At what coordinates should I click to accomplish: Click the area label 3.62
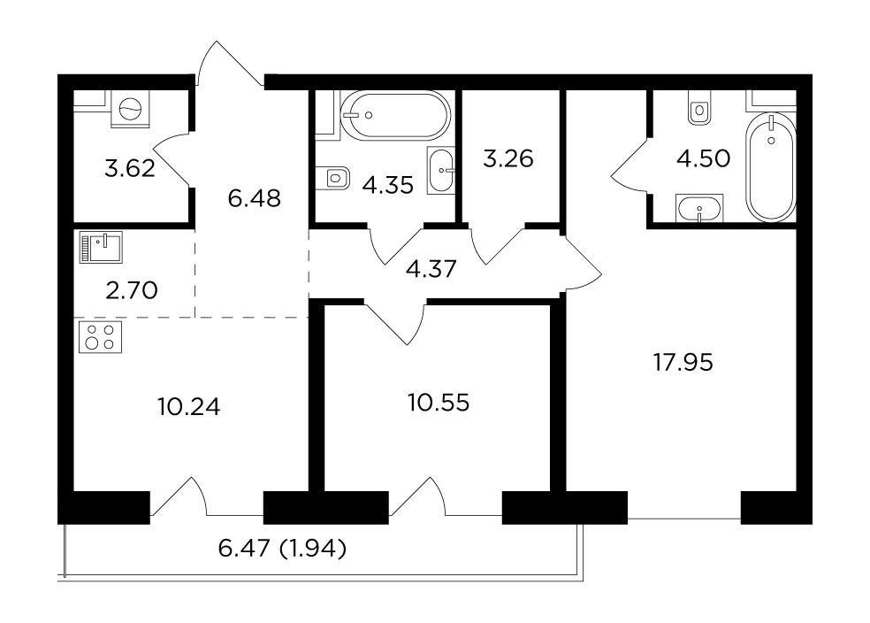pyautogui.click(x=130, y=167)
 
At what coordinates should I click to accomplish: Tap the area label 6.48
pyautogui.click(x=254, y=198)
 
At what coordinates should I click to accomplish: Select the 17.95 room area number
pyautogui.click(x=683, y=363)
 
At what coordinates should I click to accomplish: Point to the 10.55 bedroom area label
pyautogui.click(x=439, y=403)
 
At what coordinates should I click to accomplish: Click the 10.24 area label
pyautogui.click(x=188, y=407)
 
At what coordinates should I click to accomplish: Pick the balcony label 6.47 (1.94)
pyautogui.click(x=282, y=549)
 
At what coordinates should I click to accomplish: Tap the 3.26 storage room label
pyautogui.click(x=508, y=158)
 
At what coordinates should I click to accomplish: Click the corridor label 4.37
pyautogui.click(x=431, y=269)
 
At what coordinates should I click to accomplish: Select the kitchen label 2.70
pyautogui.click(x=132, y=290)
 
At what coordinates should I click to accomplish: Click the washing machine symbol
pyautogui.click(x=130, y=109)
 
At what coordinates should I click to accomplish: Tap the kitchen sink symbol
pyautogui.click(x=101, y=247)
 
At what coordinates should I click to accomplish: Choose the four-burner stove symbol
pyautogui.click(x=101, y=337)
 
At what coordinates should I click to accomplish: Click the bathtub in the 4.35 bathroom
pyautogui.click(x=395, y=116)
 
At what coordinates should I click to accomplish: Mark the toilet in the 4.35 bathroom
pyautogui.click(x=336, y=178)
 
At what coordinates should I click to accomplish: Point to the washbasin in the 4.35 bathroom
pyautogui.click(x=441, y=171)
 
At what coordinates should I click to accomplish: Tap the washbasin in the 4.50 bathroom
pyautogui.click(x=699, y=209)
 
